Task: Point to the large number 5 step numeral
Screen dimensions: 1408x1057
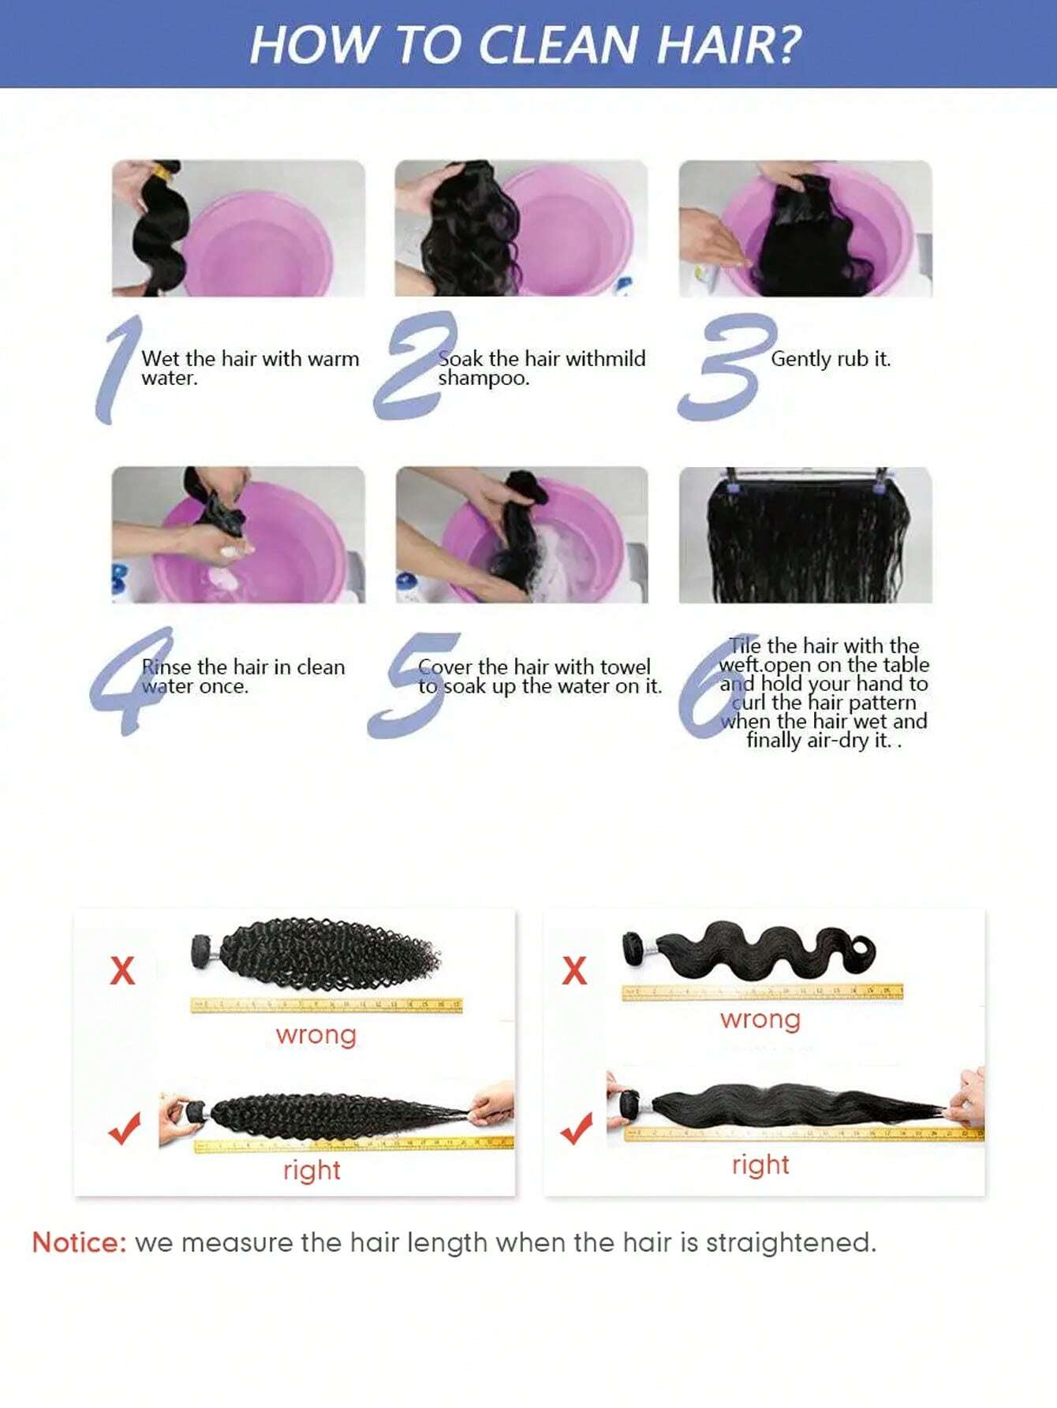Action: [x=413, y=685]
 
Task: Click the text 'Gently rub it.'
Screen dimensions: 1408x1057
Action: [x=830, y=359]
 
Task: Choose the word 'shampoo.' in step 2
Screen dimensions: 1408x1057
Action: [x=484, y=379]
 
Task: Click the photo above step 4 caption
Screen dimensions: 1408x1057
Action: [x=238, y=535]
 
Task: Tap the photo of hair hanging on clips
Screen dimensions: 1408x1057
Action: [x=805, y=535]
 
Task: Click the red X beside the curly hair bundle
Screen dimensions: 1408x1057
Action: [x=122, y=970]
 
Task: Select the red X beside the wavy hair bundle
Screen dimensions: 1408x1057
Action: [x=574, y=970]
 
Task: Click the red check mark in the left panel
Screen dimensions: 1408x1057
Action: [x=125, y=1129]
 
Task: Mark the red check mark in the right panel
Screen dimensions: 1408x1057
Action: [x=577, y=1129]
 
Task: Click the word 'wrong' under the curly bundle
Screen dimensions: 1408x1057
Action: [x=316, y=1034]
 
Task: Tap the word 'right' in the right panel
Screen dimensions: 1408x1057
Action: [x=760, y=1164]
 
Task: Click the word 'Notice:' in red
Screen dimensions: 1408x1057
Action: [x=79, y=1242]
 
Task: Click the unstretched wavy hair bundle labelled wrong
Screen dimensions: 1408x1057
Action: [x=749, y=950]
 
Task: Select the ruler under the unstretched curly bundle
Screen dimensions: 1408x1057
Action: [x=326, y=1005]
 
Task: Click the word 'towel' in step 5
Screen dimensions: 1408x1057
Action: [x=625, y=667]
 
